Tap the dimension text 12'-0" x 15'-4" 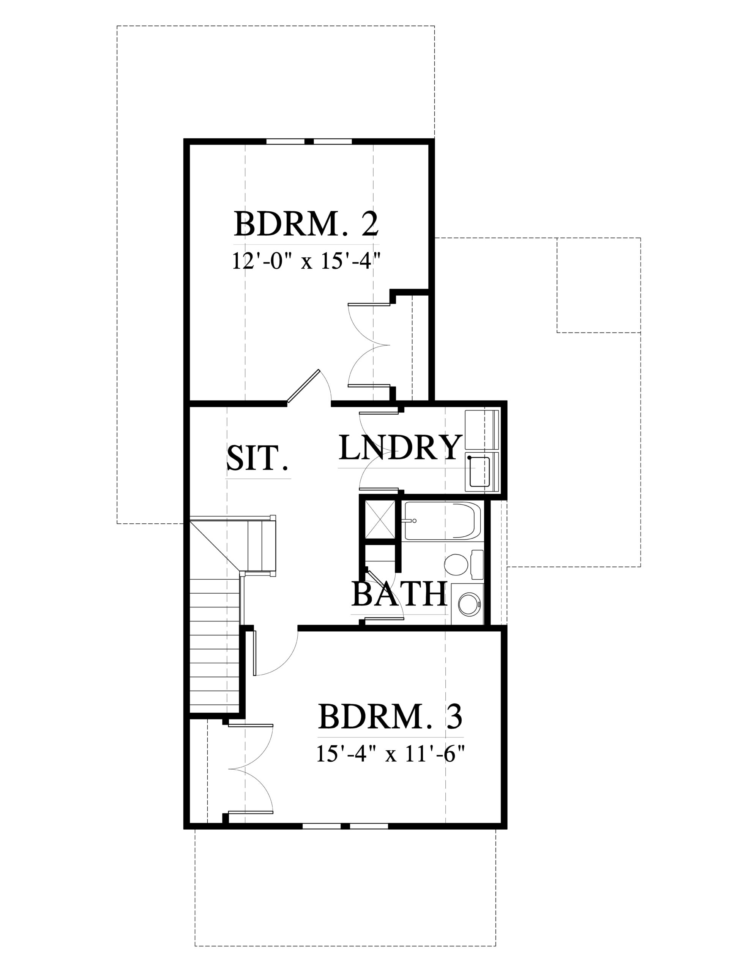[x=307, y=261]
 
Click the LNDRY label [x=399, y=447]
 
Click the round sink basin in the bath [x=468, y=604]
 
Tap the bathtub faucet [x=410, y=520]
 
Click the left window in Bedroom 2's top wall [x=286, y=142]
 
